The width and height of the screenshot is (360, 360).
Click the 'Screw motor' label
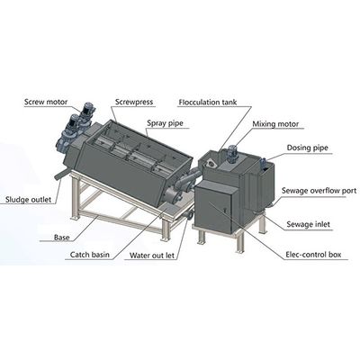pyautogui.click(x=46, y=102)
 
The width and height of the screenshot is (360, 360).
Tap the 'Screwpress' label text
pyautogui.click(x=134, y=102)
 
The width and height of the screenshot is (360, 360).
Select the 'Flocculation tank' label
pyautogui.click(x=208, y=102)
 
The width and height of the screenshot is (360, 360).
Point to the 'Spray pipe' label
pyautogui.click(x=165, y=123)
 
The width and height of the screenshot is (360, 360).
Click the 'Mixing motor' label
pyautogui.click(x=275, y=124)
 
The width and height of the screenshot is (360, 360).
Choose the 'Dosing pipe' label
pyautogui.click(x=308, y=148)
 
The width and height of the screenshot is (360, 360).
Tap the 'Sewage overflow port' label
pyautogui.click(x=319, y=191)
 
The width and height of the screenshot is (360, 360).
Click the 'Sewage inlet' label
pyautogui.click(x=308, y=224)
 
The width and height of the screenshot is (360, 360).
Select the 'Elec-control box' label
pyautogui.click(x=313, y=255)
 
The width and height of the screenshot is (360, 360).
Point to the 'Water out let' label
pyautogui.click(x=152, y=256)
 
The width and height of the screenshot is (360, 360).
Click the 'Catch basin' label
pyautogui.click(x=90, y=255)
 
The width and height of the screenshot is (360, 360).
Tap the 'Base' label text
pyautogui.click(x=62, y=238)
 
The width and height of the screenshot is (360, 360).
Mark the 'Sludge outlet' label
pyautogui.click(x=29, y=199)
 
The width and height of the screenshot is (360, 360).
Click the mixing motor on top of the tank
pyautogui.click(x=231, y=154)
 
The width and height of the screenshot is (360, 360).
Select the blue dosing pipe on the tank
pyautogui.click(x=263, y=164)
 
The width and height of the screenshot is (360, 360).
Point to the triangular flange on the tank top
pyautogui.click(x=211, y=164)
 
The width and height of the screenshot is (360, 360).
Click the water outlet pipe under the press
pyautogui.click(x=188, y=215)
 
